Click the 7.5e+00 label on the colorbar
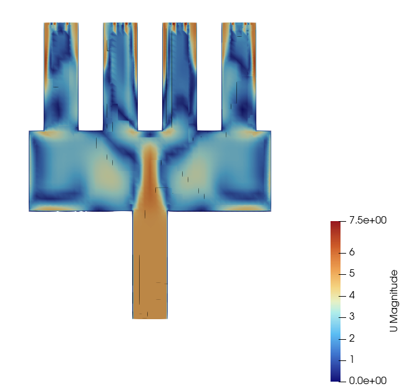click(368, 220)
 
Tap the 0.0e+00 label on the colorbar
click(368, 381)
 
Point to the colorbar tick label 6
click(352, 252)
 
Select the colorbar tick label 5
click(352, 274)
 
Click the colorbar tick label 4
click(352, 295)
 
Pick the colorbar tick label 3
click(352, 317)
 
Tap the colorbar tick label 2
click(352, 339)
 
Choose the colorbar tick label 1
click(352, 360)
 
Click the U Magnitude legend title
click(394, 301)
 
